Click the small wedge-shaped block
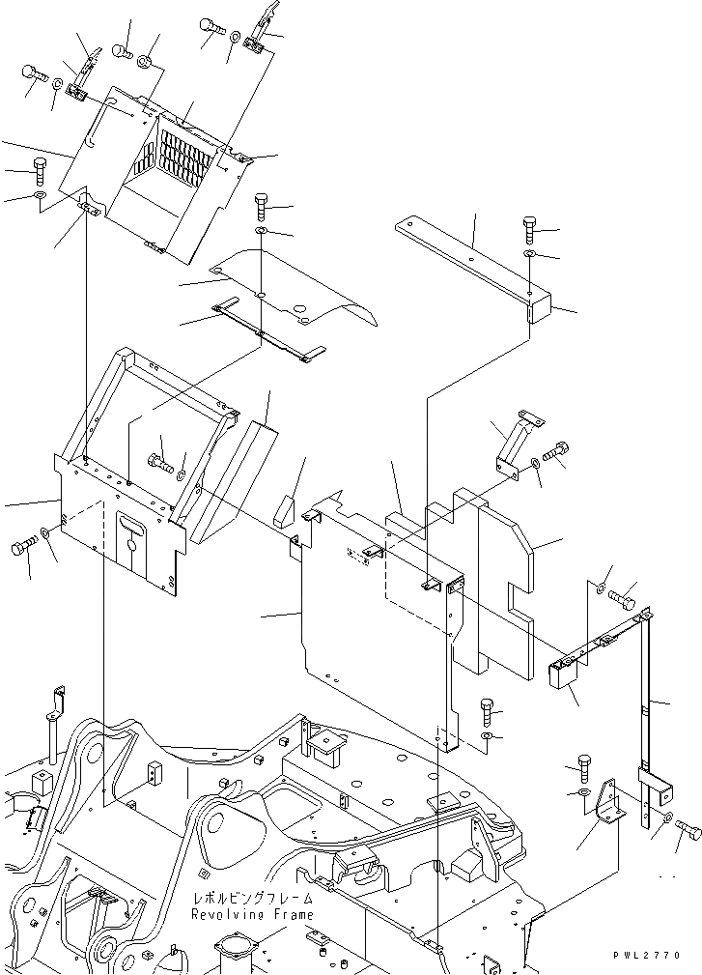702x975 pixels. click(284, 510)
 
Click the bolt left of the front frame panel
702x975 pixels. click(24, 549)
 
